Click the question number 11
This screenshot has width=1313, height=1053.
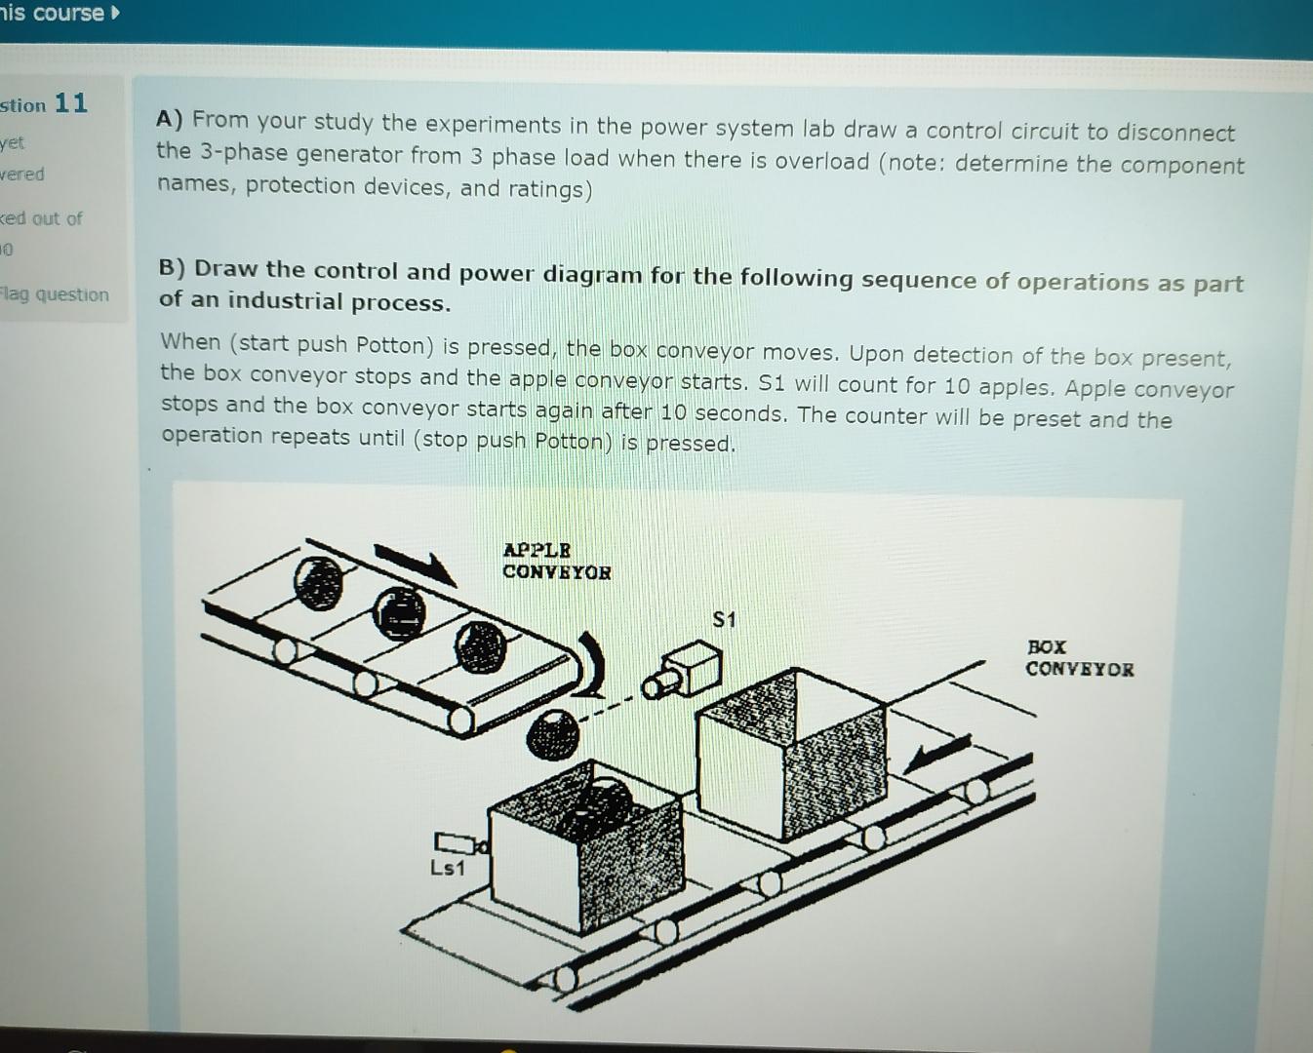tap(70, 102)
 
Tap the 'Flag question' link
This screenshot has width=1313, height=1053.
tap(55, 294)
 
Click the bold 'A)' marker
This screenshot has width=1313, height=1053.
tap(170, 119)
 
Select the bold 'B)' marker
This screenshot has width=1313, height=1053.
tap(172, 268)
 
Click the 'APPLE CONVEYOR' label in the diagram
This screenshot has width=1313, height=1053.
tap(556, 562)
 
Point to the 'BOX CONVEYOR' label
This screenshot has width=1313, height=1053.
tap(1078, 658)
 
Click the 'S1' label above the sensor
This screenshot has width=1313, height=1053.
tap(724, 619)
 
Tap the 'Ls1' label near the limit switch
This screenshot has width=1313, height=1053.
tap(447, 868)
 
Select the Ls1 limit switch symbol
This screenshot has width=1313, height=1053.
tap(455, 841)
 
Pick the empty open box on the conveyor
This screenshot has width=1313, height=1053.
tap(792, 751)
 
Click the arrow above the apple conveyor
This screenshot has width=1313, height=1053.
tap(415, 563)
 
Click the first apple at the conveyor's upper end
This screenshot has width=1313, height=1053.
tap(318, 582)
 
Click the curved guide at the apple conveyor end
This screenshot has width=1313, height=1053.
tap(591, 663)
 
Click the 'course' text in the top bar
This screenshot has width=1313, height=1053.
tap(68, 13)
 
